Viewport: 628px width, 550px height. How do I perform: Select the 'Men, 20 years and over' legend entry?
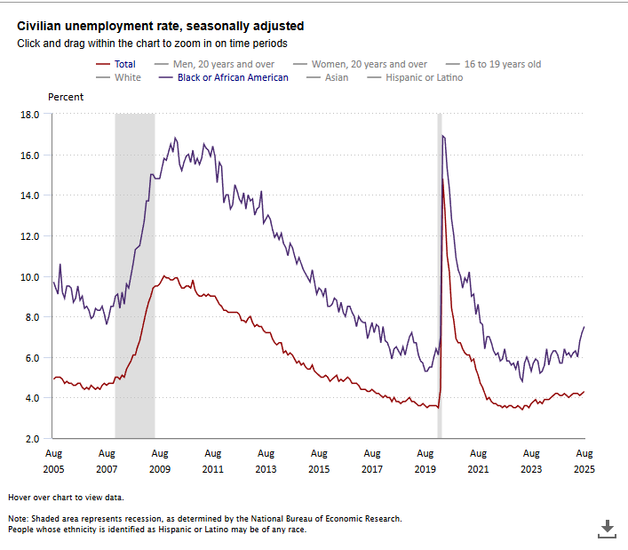tap(223, 64)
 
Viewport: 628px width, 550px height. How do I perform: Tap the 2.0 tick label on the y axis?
tap(32, 438)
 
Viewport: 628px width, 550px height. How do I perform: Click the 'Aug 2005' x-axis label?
tap(52, 460)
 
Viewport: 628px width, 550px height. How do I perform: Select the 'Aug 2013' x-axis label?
tap(265, 460)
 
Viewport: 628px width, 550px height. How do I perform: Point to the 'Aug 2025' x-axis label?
tap(584, 460)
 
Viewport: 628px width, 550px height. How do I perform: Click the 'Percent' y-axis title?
tap(66, 96)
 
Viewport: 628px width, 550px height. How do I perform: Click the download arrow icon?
tap(608, 529)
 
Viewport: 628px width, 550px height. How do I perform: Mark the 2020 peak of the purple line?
tap(442, 136)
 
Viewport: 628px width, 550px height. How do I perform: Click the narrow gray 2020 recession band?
tap(439, 267)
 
